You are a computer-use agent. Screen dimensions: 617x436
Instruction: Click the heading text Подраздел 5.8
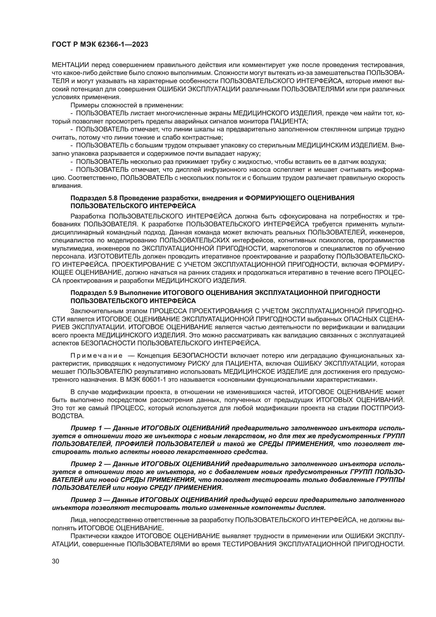point(94,198)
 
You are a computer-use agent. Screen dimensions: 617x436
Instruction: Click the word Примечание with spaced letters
point(96,356)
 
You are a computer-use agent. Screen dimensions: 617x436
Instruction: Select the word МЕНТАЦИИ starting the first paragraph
point(70,65)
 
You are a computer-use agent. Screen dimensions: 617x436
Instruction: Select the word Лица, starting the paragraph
point(78,520)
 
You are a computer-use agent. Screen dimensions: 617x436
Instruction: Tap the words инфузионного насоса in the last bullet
point(242,170)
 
